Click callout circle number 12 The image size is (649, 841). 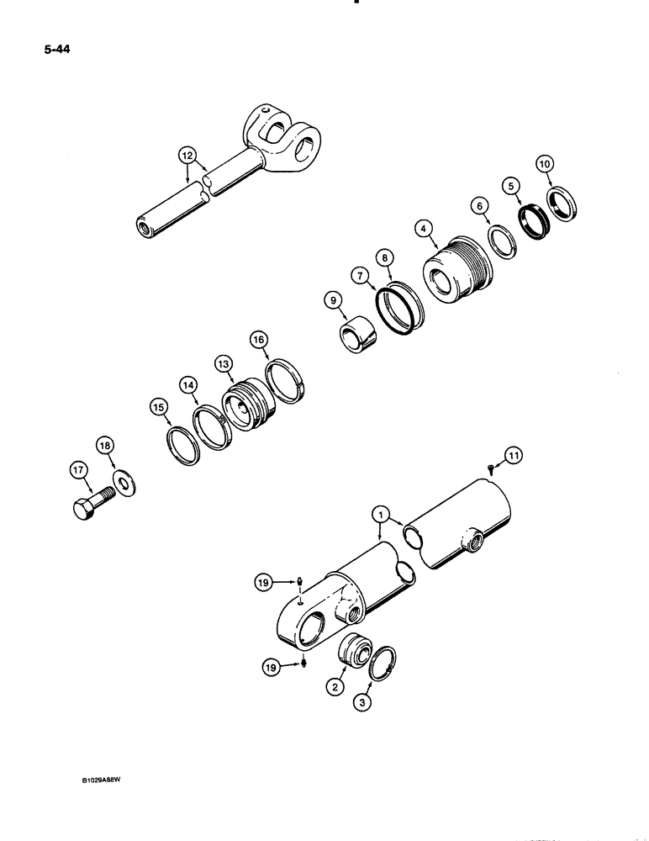187,154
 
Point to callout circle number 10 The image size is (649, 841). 544,164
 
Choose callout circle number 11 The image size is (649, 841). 514,455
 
